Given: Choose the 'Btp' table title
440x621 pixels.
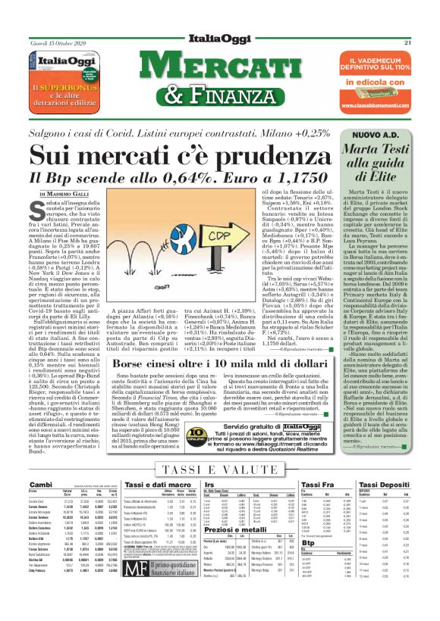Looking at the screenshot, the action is click(x=309, y=563).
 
